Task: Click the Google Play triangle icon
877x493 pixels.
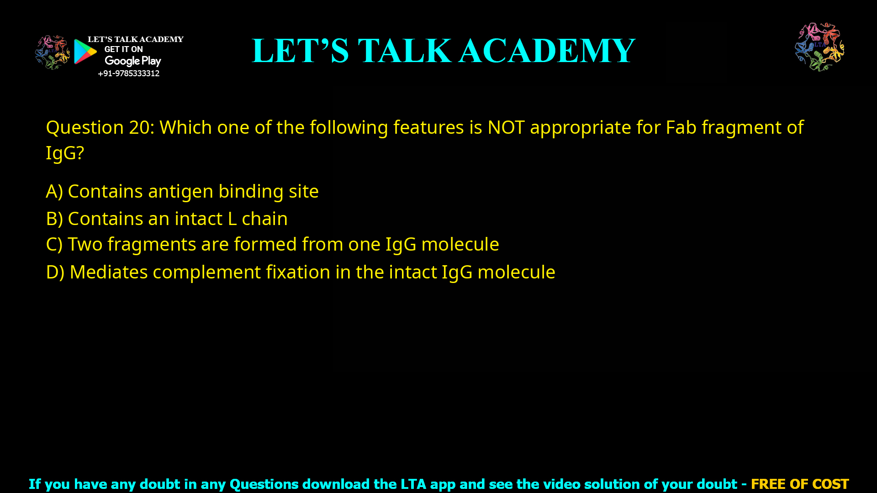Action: pyautogui.click(x=85, y=52)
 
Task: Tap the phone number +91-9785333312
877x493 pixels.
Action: pyautogui.click(x=128, y=73)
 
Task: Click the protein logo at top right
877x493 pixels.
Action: pyautogui.click(x=819, y=47)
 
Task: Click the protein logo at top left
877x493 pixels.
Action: pyautogui.click(x=53, y=52)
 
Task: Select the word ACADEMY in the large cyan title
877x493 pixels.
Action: pyautogui.click(x=547, y=51)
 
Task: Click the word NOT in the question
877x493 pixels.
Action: pyautogui.click(x=506, y=127)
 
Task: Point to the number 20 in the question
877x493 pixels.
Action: pyautogui.click(x=139, y=127)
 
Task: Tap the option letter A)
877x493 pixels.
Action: pyautogui.click(x=54, y=191)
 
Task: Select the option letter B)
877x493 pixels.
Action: pyautogui.click(x=54, y=219)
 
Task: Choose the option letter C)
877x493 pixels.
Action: pyautogui.click(x=54, y=244)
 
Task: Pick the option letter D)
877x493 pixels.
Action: pyautogui.click(x=55, y=272)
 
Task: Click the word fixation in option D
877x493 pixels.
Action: pyautogui.click(x=298, y=272)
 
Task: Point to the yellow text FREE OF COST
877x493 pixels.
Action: pyautogui.click(x=799, y=484)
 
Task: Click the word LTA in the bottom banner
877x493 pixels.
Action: pyautogui.click(x=413, y=484)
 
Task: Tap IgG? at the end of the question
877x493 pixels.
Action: pyautogui.click(x=65, y=153)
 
